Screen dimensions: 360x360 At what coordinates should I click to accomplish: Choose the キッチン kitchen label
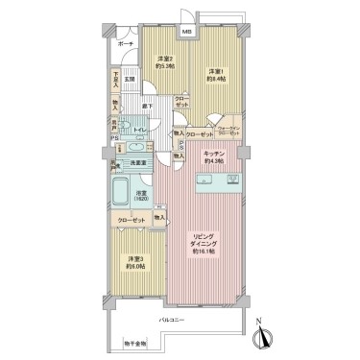(x=213, y=156)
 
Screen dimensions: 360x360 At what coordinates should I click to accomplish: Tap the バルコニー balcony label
(x=173, y=320)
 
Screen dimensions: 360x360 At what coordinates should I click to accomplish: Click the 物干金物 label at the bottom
(x=135, y=343)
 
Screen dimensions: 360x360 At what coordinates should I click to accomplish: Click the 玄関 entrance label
(x=130, y=79)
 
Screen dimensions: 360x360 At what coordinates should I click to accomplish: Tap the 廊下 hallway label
(x=149, y=106)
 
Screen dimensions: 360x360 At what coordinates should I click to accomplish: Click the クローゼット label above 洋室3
(x=132, y=221)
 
